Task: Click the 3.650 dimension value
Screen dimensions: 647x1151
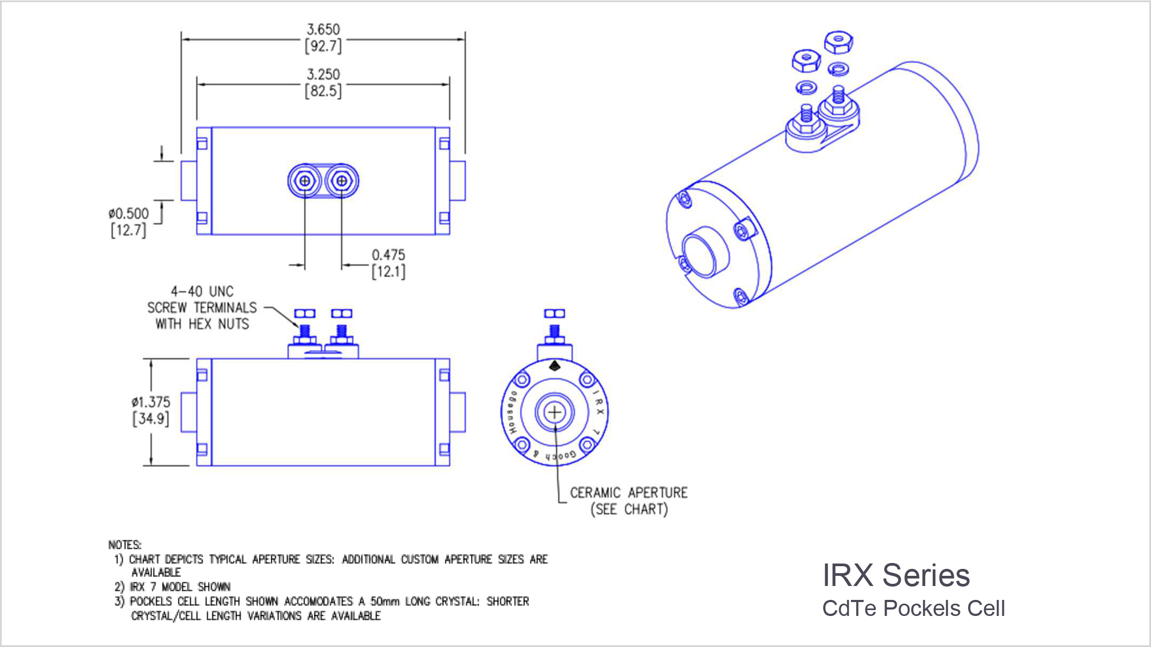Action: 323,29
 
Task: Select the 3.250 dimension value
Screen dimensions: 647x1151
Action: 323,74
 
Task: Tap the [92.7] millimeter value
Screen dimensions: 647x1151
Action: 323,47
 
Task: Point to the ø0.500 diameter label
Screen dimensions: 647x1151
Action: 129,214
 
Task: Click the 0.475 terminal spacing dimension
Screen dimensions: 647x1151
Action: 388,255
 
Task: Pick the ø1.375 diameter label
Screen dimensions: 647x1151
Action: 151,402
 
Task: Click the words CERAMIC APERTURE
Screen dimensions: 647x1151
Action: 628,492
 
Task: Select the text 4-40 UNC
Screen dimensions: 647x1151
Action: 202,292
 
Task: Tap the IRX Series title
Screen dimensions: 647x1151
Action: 896,575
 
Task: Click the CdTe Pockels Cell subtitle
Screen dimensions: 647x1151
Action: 914,608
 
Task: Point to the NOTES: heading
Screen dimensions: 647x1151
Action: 125,545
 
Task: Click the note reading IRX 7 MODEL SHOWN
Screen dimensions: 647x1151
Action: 180,587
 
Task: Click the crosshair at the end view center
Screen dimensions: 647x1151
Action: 555,413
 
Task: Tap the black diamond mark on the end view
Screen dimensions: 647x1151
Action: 555,366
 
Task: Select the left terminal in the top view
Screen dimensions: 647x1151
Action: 304,181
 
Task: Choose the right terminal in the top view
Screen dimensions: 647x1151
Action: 341,181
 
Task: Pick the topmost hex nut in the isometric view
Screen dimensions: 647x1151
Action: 838,41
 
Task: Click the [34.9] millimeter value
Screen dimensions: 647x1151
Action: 151,418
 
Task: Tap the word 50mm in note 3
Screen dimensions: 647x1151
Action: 385,602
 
